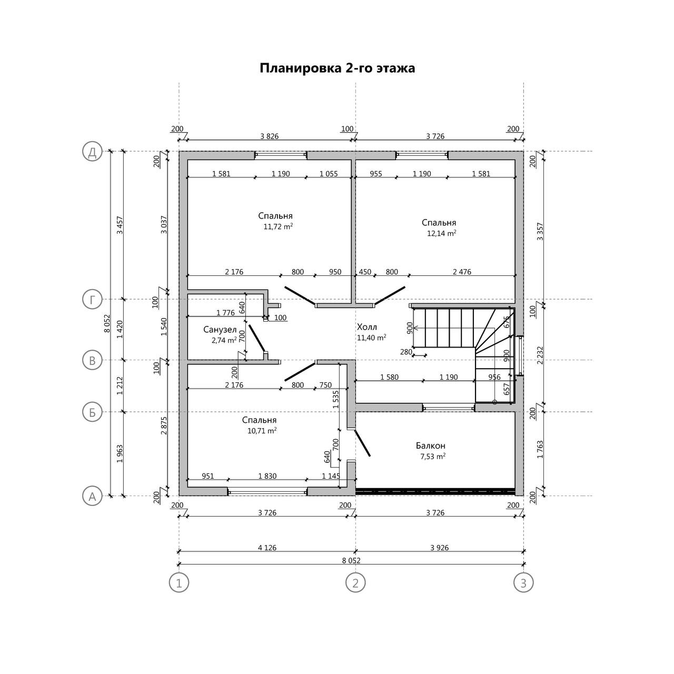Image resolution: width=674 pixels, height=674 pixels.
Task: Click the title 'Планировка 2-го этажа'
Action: pyautogui.click(x=337, y=68)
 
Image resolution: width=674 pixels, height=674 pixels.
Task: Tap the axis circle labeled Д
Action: pyautogui.click(x=92, y=152)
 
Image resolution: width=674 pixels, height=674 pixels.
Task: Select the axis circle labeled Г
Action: pyautogui.click(x=92, y=300)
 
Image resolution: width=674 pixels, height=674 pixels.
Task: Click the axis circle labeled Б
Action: pyautogui.click(x=92, y=412)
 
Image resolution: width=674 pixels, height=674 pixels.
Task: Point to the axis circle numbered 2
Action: pyautogui.click(x=355, y=583)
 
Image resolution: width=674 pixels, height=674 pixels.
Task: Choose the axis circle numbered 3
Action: pyautogui.click(x=523, y=583)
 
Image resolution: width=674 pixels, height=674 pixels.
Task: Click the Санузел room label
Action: pyautogui.click(x=220, y=330)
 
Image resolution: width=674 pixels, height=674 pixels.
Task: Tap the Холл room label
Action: pyautogui.click(x=367, y=328)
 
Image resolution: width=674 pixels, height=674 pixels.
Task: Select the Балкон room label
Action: pyautogui.click(x=430, y=446)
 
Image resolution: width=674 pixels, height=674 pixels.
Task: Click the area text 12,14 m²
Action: pyautogui.click(x=441, y=233)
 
